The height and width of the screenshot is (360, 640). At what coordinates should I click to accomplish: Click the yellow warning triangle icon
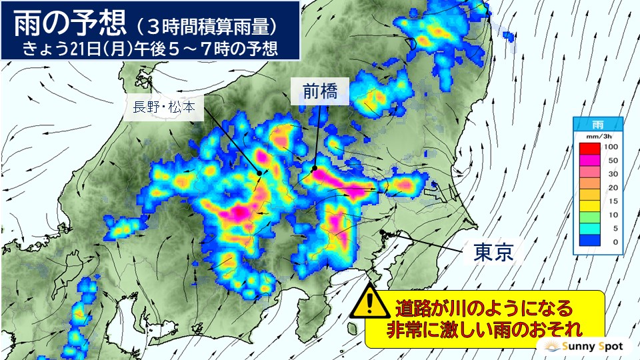(x=369, y=304)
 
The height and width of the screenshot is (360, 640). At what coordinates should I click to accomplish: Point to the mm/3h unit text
(x=597, y=134)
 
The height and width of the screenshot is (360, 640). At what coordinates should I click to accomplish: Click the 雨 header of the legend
(x=597, y=125)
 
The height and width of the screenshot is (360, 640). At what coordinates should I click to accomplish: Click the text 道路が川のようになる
(x=484, y=309)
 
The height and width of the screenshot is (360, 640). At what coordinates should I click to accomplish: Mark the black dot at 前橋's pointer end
(x=313, y=169)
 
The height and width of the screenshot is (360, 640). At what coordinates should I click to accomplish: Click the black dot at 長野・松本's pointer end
(x=259, y=173)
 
